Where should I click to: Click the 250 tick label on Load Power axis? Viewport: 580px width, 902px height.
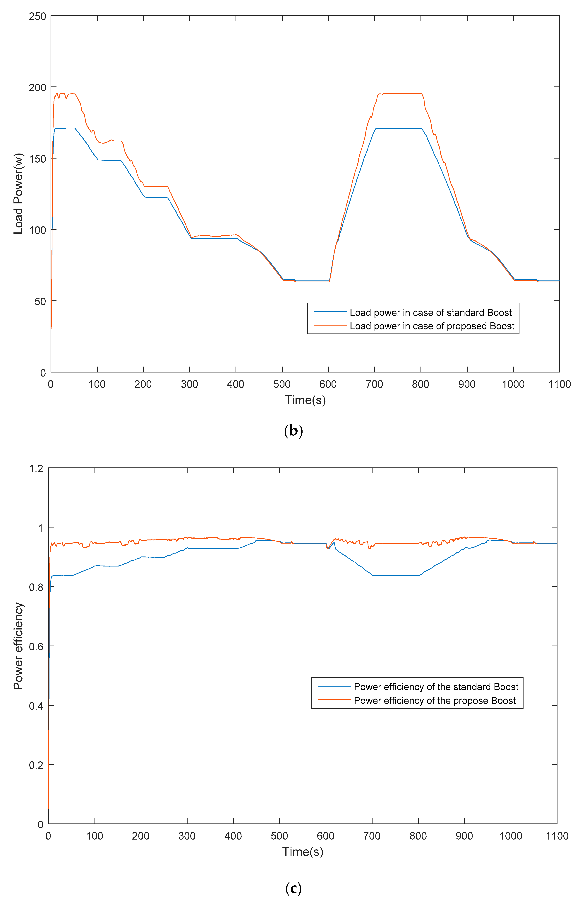tap(37, 17)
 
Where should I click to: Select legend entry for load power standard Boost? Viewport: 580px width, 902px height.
tap(430, 312)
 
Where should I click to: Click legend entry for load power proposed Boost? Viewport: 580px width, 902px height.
tap(432, 326)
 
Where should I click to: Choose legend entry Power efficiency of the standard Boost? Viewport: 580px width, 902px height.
tap(436, 687)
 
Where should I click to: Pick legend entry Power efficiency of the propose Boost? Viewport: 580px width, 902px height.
tap(435, 700)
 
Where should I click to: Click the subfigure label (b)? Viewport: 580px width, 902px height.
tap(293, 430)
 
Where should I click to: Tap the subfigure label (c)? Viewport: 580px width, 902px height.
tap(293, 889)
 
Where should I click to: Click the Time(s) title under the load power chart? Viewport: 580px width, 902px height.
tap(305, 400)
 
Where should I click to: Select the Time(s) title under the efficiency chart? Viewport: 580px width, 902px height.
tap(303, 852)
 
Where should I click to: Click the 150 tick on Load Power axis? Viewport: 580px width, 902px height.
tap(37, 159)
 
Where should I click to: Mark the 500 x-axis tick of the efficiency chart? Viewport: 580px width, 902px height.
tap(279, 836)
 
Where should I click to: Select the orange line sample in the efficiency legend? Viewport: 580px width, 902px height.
tap(334, 700)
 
